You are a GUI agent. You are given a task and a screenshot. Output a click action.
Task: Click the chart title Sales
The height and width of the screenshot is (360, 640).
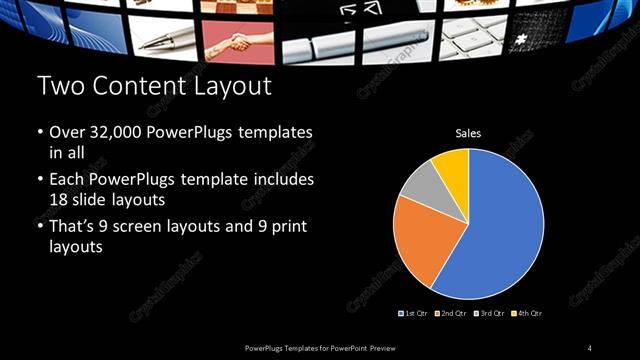[x=468, y=132]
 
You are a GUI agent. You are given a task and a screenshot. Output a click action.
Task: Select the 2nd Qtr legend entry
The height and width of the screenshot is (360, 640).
[x=451, y=314]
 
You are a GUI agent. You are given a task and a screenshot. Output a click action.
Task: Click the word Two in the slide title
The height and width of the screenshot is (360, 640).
[x=59, y=87]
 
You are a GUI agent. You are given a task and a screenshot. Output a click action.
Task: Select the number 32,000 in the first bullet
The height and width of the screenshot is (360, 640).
[x=109, y=132]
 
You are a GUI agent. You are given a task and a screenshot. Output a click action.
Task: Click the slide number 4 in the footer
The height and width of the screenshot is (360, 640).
[x=590, y=347]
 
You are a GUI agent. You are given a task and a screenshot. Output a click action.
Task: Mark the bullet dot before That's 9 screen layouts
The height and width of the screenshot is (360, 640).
[x=40, y=226]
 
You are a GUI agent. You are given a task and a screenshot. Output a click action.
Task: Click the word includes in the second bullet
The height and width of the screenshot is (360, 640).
[x=286, y=180]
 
